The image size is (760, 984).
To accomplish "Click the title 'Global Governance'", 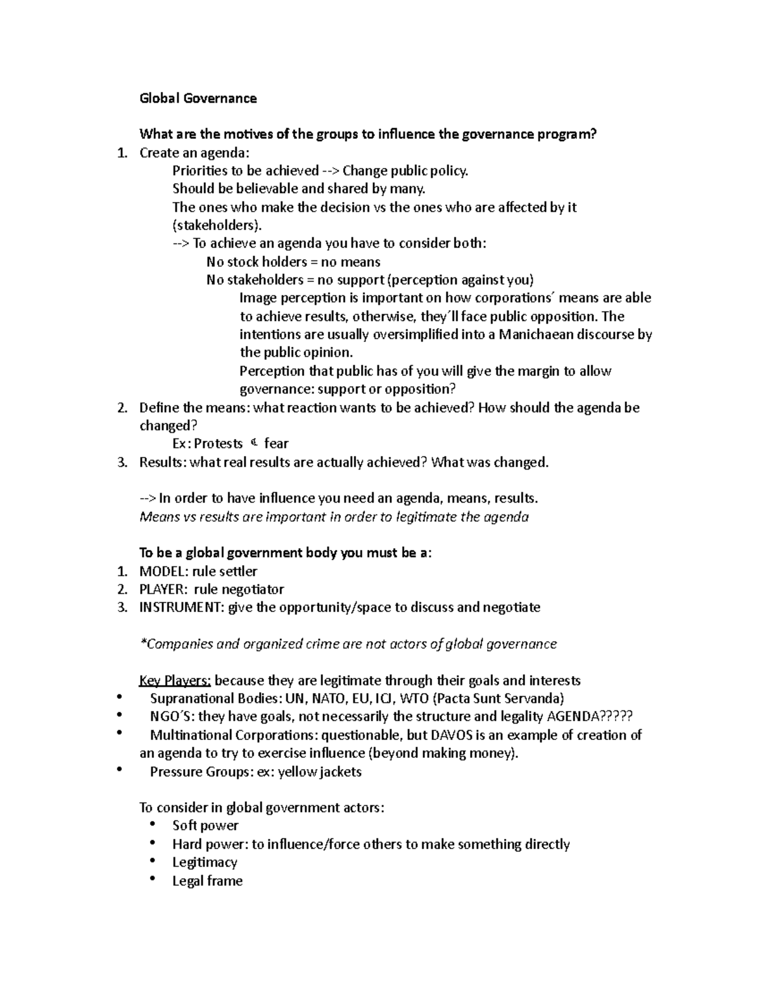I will click(198, 98).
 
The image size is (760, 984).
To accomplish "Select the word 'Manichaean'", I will click(536, 335).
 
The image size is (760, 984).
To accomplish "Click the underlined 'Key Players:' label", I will click(175, 681).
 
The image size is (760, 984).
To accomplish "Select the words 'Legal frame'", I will click(207, 881).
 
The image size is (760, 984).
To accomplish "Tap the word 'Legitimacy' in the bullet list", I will click(205, 863).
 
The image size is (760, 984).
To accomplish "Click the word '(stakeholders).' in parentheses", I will click(217, 226).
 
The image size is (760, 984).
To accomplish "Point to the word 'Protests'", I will click(218, 444).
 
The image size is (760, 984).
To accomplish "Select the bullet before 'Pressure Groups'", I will click(119, 770).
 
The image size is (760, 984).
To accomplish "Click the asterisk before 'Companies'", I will click(142, 643).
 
